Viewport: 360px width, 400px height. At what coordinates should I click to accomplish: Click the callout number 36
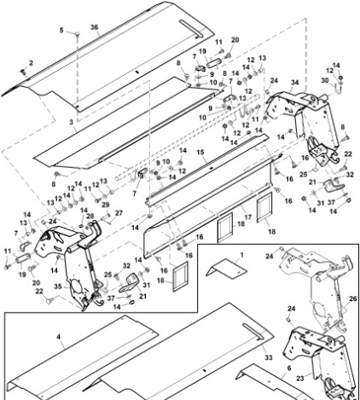(x=95, y=27)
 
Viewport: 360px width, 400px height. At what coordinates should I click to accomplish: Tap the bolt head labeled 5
(x=77, y=34)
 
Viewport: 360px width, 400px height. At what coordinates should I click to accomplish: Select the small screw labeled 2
(x=23, y=72)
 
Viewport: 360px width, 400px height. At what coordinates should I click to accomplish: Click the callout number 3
(x=71, y=122)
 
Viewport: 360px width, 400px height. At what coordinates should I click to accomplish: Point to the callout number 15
(x=200, y=153)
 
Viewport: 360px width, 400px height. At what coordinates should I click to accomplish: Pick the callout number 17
(x=248, y=217)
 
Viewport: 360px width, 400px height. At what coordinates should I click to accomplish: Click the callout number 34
(x=295, y=83)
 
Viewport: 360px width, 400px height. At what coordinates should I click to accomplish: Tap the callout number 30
(x=325, y=80)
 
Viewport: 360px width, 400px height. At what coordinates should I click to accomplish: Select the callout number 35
(x=58, y=287)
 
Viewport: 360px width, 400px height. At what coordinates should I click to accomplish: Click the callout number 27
(x=119, y=213)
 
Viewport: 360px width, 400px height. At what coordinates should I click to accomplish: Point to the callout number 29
(x=105, y=205)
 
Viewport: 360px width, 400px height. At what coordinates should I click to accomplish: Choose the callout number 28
(x=90, y=217)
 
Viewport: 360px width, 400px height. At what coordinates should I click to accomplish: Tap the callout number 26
(x=353, y=299)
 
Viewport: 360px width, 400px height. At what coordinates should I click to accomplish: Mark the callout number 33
(x=269, y=357)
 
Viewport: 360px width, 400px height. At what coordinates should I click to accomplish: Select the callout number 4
(x=59, y=337)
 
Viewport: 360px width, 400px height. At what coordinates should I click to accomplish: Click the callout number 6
(x=289, y=368)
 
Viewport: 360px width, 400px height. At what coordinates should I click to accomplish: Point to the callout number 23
(x=300, y=379)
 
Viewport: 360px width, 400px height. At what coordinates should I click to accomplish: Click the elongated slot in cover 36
(x=192, y=28)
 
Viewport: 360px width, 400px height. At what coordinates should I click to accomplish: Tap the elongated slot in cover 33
(x=253, y=332)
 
